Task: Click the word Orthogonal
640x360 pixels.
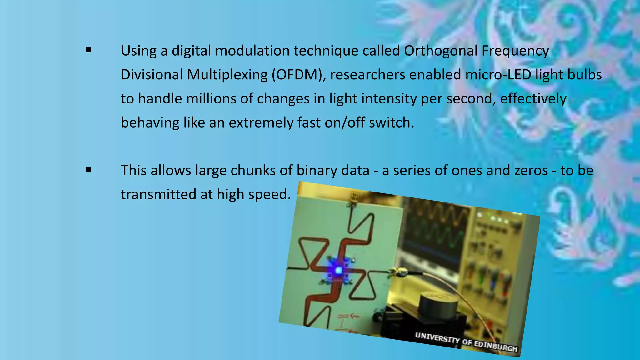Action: (440, 51)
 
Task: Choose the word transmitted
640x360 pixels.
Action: (158, 194)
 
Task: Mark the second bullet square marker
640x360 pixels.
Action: (88, 170)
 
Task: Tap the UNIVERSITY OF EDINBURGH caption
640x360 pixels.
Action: (466, 342)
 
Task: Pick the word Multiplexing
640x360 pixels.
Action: (227, 75)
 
